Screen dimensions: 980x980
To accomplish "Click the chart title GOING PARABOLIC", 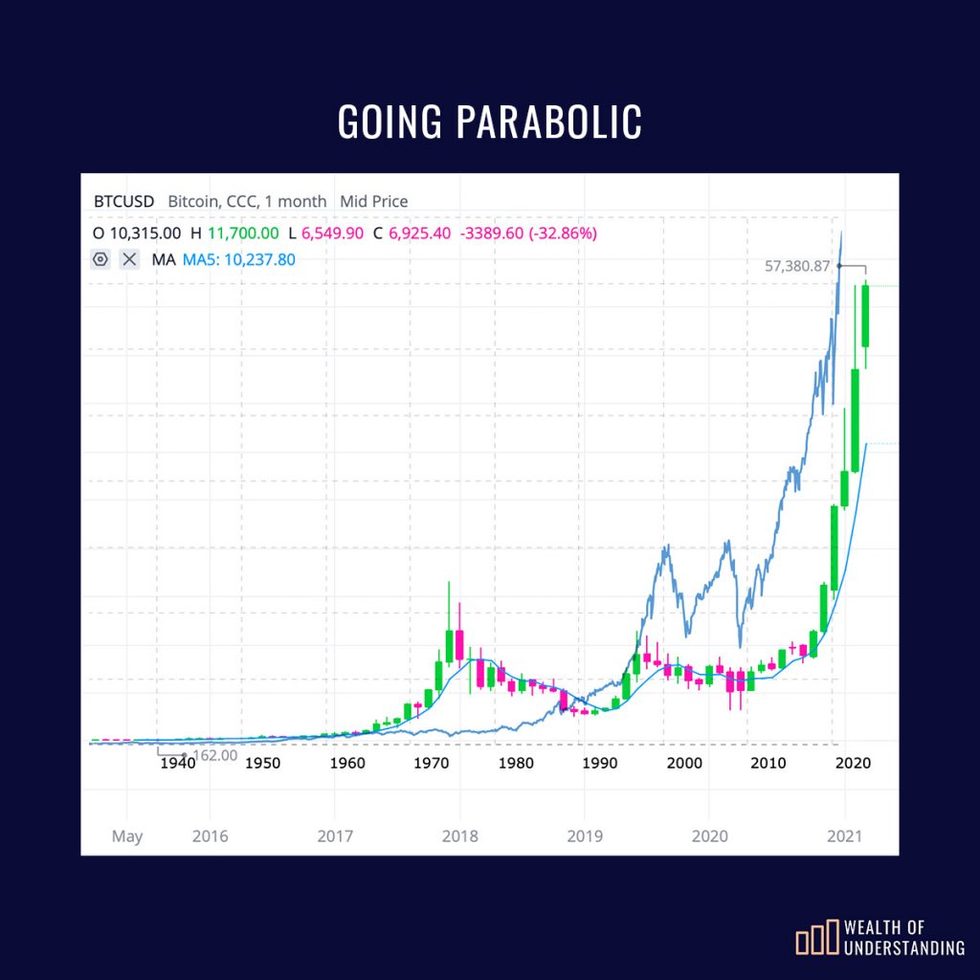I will click(x=489, y=122).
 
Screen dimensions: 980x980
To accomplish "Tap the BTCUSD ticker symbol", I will click(x=123, y=202).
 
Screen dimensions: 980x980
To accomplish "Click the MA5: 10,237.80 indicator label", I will click(x=239, y=259).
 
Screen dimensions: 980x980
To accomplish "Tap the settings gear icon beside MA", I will click(x=100, y=259).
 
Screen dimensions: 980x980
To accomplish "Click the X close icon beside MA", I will click(x=130, y=259).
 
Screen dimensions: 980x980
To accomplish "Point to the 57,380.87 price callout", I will click(x=797, y=266).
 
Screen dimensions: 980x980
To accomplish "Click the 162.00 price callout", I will click(x=214, y=755).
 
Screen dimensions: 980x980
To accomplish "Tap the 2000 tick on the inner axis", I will click(x=683, y=763).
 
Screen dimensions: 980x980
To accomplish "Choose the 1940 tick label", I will click(x=177, y=763).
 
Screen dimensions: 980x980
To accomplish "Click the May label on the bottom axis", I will click(x=126, y=836).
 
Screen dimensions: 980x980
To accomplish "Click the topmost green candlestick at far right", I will click(x=865, y=316).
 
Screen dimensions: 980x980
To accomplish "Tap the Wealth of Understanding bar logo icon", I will click(x=815, y=940).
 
